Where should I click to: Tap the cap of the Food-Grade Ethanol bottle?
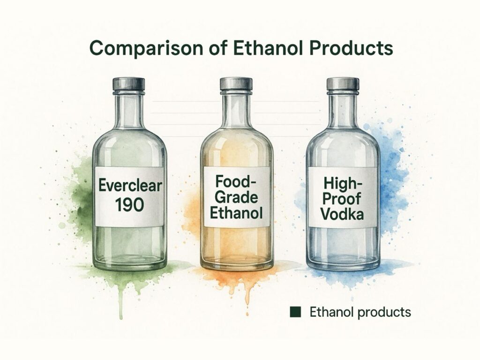click(x=236, y=84)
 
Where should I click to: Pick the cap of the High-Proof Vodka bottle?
click(x=343, y=84)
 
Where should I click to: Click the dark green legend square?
click(x=295, y=312)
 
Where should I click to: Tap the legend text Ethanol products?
click(x=360, y=312)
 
